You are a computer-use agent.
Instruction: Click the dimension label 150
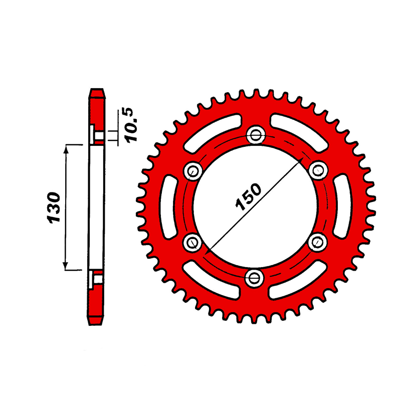248,197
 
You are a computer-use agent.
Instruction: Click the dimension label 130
54,208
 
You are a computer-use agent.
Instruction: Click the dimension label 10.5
129,125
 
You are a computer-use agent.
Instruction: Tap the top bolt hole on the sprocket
256,135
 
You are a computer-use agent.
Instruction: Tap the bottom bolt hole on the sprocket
254,278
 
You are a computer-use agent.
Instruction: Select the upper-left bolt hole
193,171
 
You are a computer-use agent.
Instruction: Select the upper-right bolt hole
318,170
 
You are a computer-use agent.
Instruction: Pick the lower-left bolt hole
192,242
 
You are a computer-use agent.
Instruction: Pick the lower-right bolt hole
318,242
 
